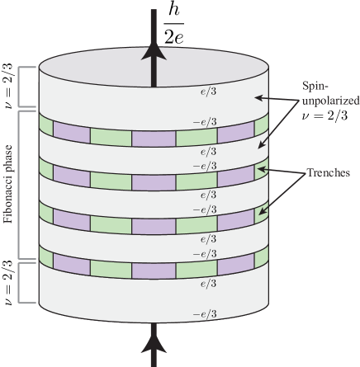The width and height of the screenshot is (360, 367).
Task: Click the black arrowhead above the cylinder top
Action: click(152, 51)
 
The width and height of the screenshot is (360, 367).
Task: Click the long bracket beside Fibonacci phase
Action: click(33, 184)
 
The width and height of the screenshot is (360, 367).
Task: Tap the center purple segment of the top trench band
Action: click(152, 137)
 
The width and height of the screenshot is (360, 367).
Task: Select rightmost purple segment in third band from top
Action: click(235, 220)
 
